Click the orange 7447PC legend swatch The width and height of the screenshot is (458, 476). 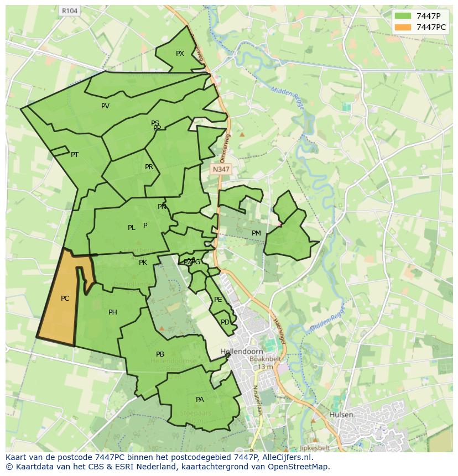[403, 27]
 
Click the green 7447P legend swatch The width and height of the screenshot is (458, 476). [403, 16]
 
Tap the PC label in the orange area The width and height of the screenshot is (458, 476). [65, 299]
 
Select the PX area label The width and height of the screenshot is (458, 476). [180, 54]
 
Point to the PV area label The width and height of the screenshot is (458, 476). [105, 106]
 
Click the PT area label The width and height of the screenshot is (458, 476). [75, 155]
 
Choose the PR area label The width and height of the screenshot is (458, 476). [149, 167]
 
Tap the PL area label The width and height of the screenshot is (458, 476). [131, 228]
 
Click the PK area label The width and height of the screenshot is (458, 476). [143, 263]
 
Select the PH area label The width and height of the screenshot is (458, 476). [113, 312]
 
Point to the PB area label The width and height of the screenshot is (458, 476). [160, 354]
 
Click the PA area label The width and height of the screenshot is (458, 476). [200, 400]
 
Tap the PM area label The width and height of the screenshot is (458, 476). [256, 233]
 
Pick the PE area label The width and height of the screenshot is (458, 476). [218, 300]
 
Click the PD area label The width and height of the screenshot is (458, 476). [225, 322]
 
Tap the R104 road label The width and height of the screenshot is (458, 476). [69, 11]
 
